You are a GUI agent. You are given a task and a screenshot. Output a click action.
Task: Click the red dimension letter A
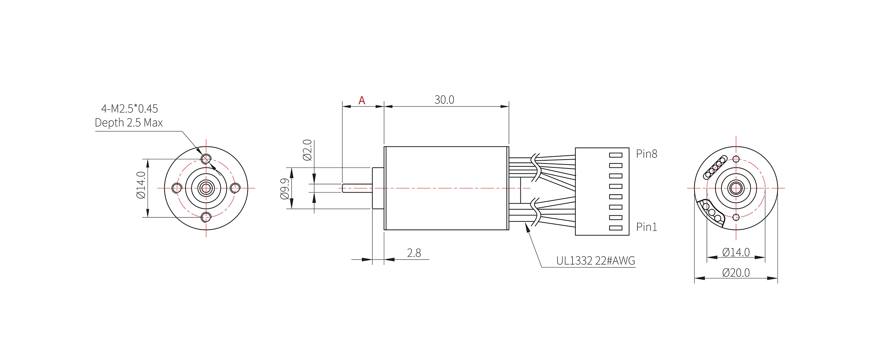point(361,100)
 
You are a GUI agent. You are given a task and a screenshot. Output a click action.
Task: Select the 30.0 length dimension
point(444,100)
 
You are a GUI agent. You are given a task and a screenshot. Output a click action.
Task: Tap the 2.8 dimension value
point(414,253)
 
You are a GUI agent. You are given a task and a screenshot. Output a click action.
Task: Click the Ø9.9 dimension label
point(285,189)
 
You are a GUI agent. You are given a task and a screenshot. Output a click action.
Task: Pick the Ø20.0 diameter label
point(736,273)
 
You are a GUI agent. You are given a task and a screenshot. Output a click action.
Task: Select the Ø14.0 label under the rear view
point(736,252)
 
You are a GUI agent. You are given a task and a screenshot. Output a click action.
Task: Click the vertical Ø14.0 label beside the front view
point(141,185)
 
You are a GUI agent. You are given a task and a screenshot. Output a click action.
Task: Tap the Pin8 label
point(646,154)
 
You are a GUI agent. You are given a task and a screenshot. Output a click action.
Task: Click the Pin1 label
point(646,227)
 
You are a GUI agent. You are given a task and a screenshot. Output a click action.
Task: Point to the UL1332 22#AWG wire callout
point(595,261)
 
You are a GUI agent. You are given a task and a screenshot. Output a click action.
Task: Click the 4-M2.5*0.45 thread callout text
point(129,109)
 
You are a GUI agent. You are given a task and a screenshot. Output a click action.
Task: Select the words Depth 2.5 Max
point(129,123)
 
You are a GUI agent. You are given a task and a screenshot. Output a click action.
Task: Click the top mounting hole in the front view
point(206,159)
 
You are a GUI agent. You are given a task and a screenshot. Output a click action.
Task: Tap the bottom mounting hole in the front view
point(206,217)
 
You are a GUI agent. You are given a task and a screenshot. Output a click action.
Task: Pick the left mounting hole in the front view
point(177,188)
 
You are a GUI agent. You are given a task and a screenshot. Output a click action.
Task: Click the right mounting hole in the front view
point(235,188)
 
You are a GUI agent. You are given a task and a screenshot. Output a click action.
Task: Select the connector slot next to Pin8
point(615,155)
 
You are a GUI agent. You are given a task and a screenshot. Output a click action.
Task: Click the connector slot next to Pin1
point(615,228)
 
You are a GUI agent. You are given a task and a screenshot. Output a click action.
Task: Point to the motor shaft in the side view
point(357,188)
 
